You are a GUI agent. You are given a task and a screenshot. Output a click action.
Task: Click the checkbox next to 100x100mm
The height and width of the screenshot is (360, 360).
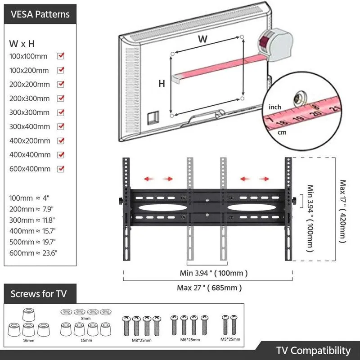coord(61,56)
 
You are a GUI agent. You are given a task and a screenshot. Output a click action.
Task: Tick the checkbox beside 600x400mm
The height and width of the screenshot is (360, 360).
coord(61,169)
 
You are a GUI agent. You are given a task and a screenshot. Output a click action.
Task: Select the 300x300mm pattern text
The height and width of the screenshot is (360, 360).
coord(29,112)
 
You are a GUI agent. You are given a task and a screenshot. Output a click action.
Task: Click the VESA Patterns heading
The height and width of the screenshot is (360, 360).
coord(40,14)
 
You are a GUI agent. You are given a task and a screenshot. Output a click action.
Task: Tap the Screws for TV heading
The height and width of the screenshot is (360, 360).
coord(38,294)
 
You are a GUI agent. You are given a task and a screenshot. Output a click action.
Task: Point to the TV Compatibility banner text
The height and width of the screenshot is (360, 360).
coord(313,350)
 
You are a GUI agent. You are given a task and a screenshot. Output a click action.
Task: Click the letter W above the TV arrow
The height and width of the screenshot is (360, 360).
coord(203,39)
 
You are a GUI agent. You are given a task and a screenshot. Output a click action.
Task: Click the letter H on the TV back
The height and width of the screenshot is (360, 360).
coord(161,83)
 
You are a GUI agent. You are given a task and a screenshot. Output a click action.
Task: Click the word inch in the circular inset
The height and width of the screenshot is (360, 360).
coord(275,107)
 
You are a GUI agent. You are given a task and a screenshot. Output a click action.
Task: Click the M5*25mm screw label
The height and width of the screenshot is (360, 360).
coord(231,338)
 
